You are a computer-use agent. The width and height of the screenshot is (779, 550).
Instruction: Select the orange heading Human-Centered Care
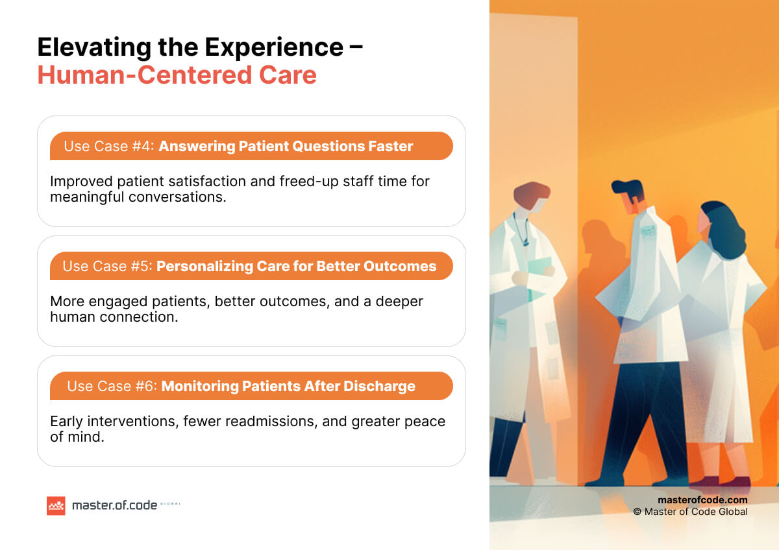tap(177, 75)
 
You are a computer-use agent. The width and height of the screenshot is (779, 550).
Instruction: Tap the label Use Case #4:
tap(108, 147)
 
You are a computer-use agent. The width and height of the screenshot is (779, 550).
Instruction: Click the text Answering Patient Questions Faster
tap(286, 147)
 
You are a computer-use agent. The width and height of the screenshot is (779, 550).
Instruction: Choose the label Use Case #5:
tap(107, 267)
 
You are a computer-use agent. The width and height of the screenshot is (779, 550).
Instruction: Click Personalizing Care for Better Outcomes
tap(296, 267)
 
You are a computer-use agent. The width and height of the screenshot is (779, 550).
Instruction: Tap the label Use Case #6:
tap(112, 387)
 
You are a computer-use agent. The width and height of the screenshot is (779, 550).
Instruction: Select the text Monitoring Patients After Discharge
tap(288, 387)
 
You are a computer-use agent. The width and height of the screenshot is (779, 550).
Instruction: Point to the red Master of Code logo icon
tap(56, 505)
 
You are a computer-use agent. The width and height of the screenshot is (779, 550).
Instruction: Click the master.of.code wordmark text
tap(114, 505)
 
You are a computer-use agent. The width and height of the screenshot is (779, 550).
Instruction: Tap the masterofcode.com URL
tap(702, 500)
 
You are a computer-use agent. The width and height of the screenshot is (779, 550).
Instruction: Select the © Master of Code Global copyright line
tap(690, 512)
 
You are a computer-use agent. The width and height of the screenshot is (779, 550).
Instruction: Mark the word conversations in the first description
tap(171, 197)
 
